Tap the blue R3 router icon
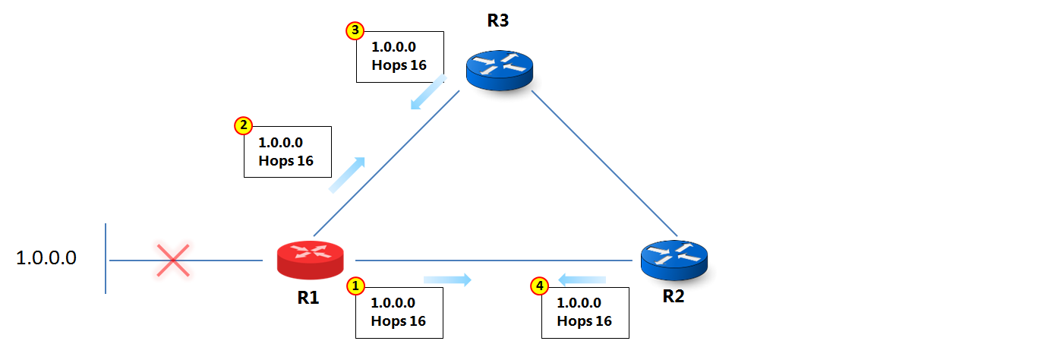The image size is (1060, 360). tap(500, 71)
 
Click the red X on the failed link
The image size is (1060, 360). tap(173, 260)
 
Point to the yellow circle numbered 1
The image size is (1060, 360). tap(356, 286)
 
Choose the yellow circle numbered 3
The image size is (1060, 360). tap(355, 30)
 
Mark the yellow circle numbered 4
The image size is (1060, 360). tap(539, 286)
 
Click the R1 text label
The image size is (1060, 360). tap(308, 298)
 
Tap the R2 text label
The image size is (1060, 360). tap(674, 297)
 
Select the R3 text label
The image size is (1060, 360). tap(498, 21)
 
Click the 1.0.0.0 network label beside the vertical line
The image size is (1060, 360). tap(46, 258)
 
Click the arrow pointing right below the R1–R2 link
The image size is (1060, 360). tap(448, 280)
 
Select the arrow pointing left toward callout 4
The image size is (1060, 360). tap(582, 280)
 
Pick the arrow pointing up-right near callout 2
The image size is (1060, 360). tap(347, 174)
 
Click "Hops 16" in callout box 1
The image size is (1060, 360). tap(399, 321)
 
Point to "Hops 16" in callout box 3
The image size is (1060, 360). tap(399, 65)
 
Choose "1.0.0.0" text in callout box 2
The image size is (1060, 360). tap(281, 142)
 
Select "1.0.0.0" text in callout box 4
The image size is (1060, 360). tap(579, 302)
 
